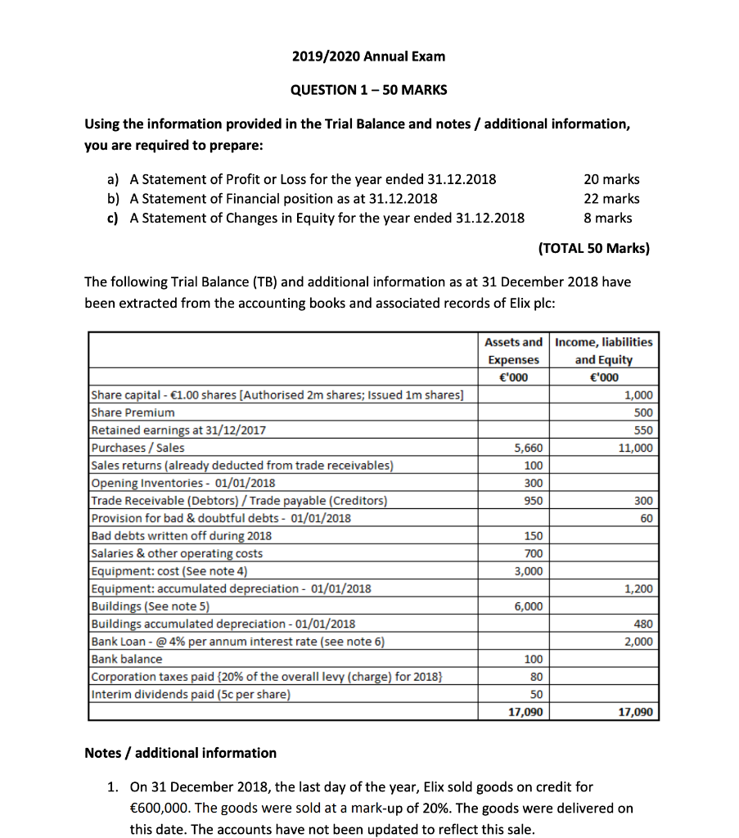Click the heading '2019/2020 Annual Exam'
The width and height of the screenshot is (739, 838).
[x=368, y=56]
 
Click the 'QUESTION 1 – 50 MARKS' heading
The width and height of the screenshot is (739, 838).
[x=368, y=90]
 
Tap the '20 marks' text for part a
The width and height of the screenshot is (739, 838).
[x=611, y=179]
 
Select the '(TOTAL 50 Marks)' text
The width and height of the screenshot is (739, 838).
[x=593, y=247]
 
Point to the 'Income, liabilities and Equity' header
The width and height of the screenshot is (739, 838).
[x=604, y=350]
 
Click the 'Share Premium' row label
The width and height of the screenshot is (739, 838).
[x=133, y=412]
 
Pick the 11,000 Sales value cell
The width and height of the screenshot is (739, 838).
[x=638, y=448]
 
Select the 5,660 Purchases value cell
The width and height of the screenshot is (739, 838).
[x=528, y=448]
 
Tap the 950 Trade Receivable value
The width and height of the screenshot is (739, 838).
[x=533, y=500]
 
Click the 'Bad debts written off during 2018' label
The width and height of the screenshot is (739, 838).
[x=182, y=536]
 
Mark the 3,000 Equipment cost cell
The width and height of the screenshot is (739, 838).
[x=528, y=571]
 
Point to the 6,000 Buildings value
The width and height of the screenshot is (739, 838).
[x=528, y=606]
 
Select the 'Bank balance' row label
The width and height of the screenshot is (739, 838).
[x=127, y=659]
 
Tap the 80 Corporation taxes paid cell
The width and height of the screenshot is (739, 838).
[x=536, y=677]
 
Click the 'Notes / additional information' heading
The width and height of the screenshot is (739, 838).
[x=181, y=753]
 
